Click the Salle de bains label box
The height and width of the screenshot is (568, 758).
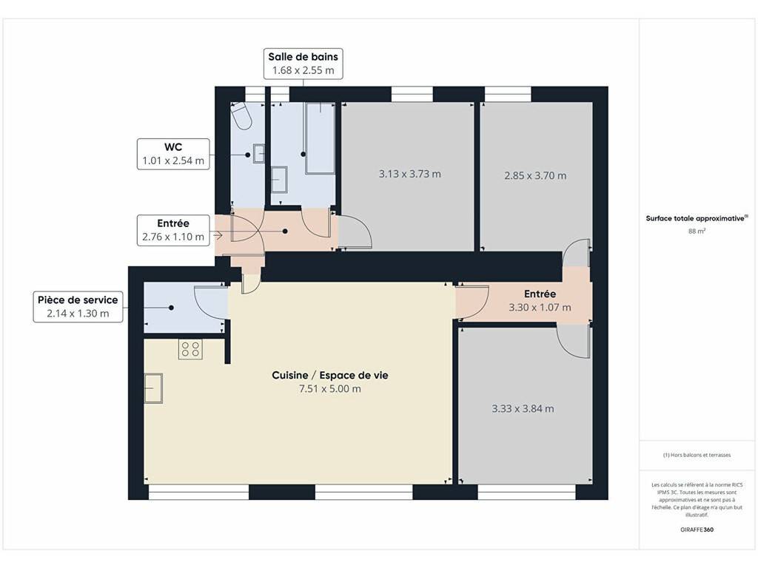pyautogui.click(x=303, y=64)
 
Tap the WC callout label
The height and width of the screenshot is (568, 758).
pyautogui.click(x=173, y=154)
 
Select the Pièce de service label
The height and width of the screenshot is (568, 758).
pyautogui.click(x=78, y=306)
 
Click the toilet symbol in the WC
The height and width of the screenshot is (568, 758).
pyautogui.click(x=241, y=116)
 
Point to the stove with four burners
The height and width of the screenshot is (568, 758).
pyautogui.click(x=190, y=350)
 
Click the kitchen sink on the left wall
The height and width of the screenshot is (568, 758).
pyautogui.click(x=154, y=388)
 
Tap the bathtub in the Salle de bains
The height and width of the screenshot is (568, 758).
pyautogui.click(x=320, y=138)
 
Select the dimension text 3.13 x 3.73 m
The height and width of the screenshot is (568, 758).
pyautogui.click(x=409, y=174)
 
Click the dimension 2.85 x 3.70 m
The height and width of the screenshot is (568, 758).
pyautogui.click(x=535, y=175)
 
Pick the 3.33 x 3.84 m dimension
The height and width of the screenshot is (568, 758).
pyautogui.click(x=523, y=408)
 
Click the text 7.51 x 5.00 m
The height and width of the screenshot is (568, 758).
pyautogui.click(x=329, y=389)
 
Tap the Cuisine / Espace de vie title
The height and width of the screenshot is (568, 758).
pyautogui.click(x=329, y=375)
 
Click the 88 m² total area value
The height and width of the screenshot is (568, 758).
pyautogui.click(x=697, y=231)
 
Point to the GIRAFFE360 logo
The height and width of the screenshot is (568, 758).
pyautogui.click(x=697, y=530)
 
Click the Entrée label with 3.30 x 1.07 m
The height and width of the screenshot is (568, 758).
pyautogui.click(x=540, y=300)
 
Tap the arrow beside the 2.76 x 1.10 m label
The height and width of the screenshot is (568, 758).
pyautogui.click(x=217, y=236)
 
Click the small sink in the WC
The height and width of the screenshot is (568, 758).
pyautogui.click(x=258, y=154)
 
